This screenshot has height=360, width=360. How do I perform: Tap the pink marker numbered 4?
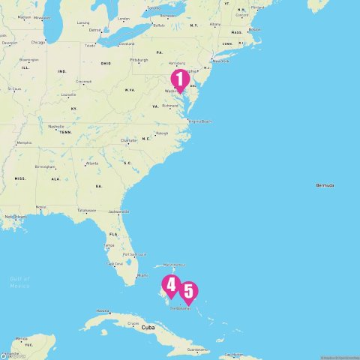click(x=171, y=285)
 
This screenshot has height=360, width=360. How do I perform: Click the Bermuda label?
click(x=325, y=184)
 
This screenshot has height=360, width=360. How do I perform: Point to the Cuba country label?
click(x=147, y=328)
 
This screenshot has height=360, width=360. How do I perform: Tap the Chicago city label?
click(x=37, y=42)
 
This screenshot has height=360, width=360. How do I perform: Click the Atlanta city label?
click(x=91, y=163)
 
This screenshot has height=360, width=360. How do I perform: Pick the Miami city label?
click(x=142, y=275)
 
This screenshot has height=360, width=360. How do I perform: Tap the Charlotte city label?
click(x=128, y=139)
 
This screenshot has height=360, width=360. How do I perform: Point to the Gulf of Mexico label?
click(x=19, y=282)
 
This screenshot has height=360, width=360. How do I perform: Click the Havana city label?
click(x=103, y=311)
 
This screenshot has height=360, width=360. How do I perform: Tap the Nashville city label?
click(x=56, y=127)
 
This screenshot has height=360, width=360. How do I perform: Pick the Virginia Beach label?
click(x=200, y=121)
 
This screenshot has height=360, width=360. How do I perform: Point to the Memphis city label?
click(x=24, y=142)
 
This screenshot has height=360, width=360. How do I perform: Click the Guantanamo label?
click(x=196, y=349)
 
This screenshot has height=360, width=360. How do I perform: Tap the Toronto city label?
click(x=154, y=7)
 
